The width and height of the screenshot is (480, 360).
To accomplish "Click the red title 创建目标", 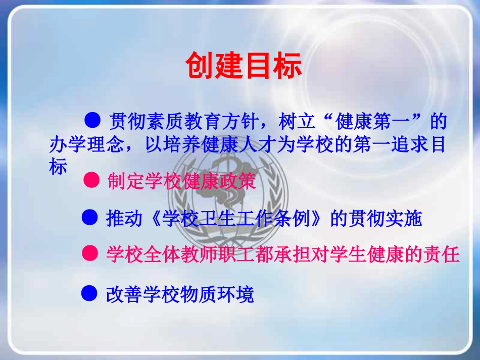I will point(243,66).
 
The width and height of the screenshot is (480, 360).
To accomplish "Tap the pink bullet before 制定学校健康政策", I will point(91,181).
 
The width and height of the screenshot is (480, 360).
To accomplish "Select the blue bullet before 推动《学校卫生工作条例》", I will point(89,218).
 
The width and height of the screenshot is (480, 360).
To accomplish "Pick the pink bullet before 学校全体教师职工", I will point(89,254).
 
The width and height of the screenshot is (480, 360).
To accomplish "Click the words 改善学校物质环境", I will point(180,294).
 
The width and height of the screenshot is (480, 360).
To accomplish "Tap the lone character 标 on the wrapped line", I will point(58,167).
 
